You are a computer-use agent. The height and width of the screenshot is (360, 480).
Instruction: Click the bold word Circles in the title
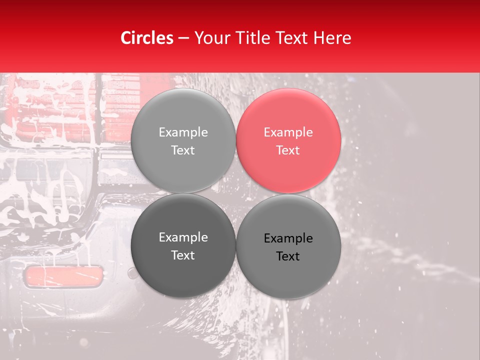pos(147,37)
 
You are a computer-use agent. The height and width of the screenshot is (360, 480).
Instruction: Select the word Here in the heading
pos(332,37)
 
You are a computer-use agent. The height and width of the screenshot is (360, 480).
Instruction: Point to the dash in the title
pos(183,38)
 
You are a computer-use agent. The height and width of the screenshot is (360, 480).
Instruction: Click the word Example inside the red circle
pos(288,132)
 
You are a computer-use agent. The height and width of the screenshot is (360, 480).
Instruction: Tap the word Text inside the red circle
pos(288,150)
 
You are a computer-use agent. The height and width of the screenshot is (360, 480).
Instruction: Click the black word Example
pos(288,238)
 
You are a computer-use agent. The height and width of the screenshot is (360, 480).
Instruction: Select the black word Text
pos(288,256)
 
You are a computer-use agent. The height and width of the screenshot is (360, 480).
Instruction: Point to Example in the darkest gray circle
pos(183,237)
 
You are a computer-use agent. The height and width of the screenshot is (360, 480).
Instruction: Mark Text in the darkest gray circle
pos(183,255)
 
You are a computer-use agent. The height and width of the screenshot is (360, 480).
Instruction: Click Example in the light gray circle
pos(183,132)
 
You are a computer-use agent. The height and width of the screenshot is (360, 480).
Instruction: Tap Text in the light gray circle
pos(183,150)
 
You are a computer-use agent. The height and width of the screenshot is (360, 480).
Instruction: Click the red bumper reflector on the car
pos(63,276)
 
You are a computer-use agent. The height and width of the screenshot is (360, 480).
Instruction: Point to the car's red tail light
pos(50,110)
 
